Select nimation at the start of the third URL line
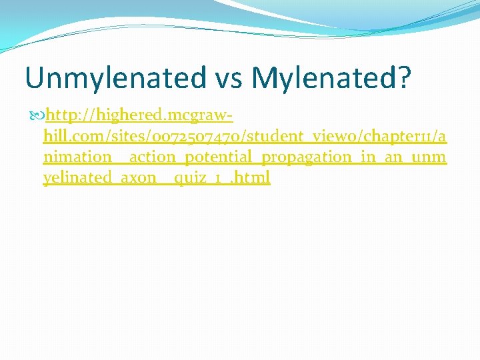(77, 157)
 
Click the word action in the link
(155, 157)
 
